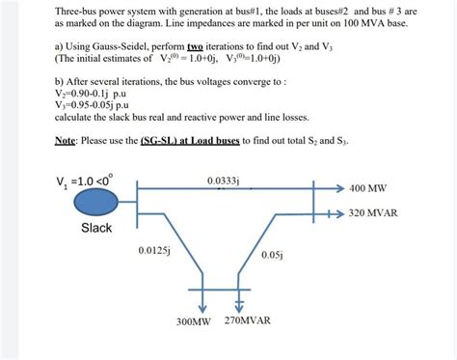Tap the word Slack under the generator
(x=96, y=228)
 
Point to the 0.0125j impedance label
(x=154, y=250)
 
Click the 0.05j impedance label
(x=271, y=256)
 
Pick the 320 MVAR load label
(x=373, y=212)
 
